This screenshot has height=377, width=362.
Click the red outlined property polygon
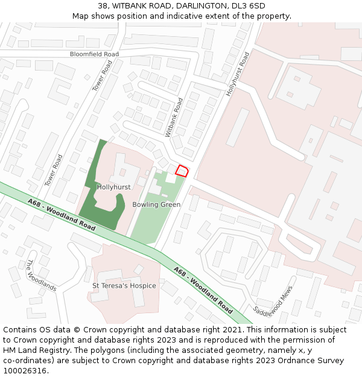pyautogui.click(x=181, y=170)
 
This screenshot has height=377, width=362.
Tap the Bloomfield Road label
pyautogui.click(x=94, y=54)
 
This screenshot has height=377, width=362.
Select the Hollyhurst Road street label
pyautogui.click(x=237, y=74)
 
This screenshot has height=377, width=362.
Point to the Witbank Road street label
pyautogui.click(x=174, y=116)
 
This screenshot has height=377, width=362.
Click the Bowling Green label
pyautogui.click(x=156, y=204)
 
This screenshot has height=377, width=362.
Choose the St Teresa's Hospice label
pyautogui.click(x=124, y=285)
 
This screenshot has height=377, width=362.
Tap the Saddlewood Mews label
pyautogui.click(x=273, y=302)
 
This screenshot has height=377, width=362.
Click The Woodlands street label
pyautogui.click(x=41, y=275)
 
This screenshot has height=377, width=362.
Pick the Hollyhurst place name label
pyautogui.click(x=113, y=187)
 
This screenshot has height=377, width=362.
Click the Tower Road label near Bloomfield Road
pyautogui.click(x=103, y=75)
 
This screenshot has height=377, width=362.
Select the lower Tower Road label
pyautogui.click(x=54, y=170)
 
